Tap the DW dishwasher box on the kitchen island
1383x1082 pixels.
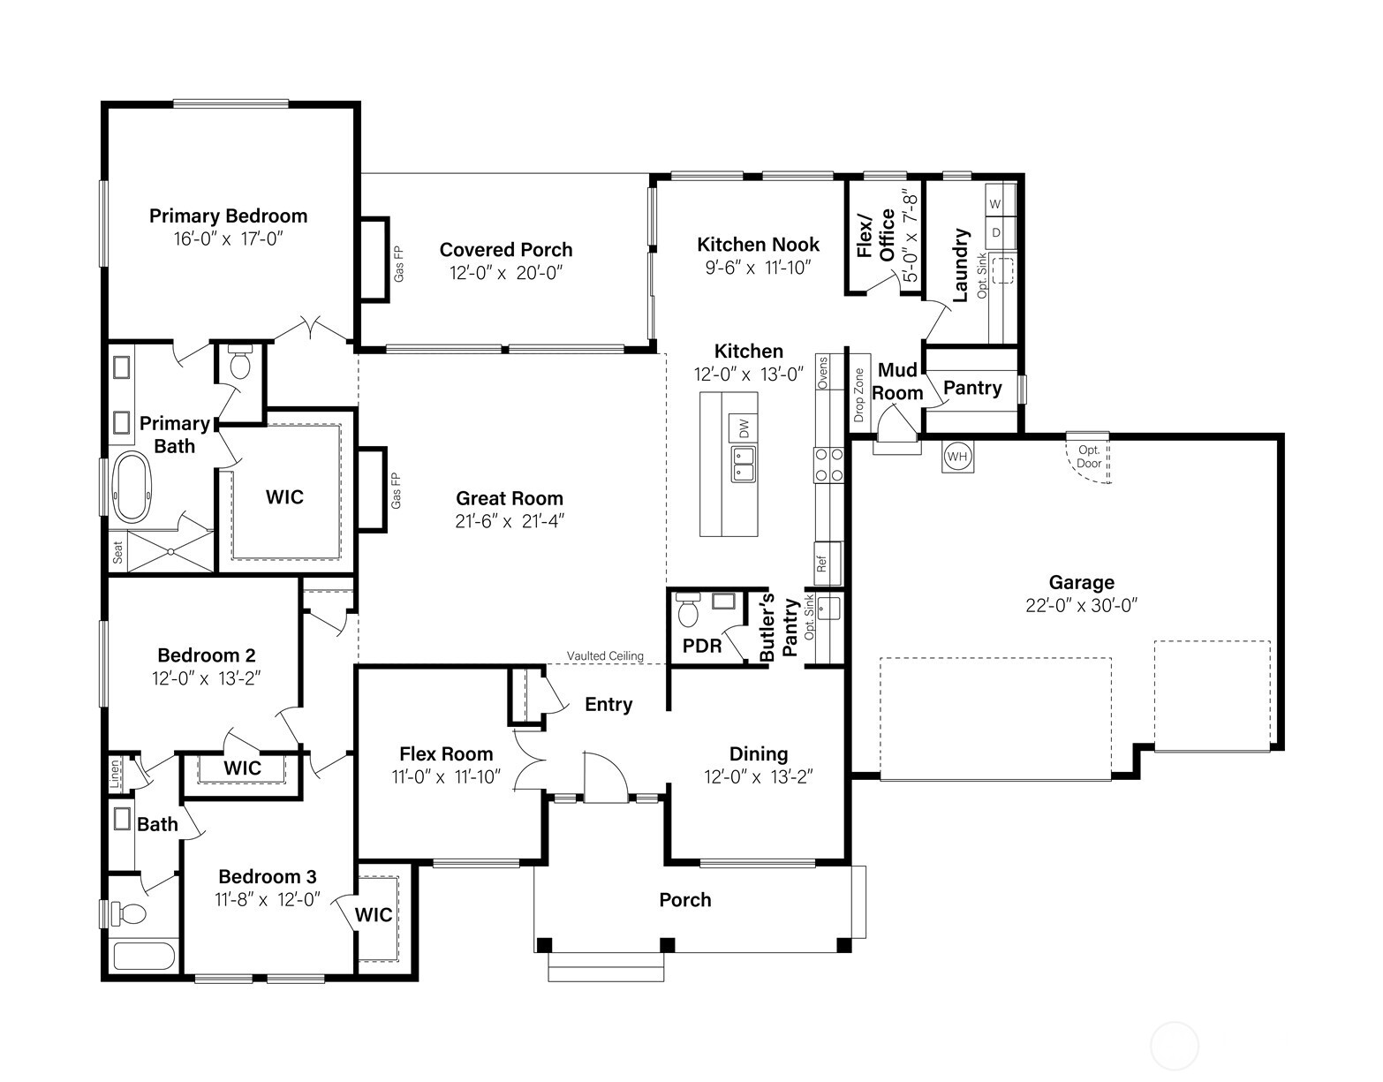click(x=743, y=428)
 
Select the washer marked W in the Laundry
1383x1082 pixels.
click(x=995, y=204)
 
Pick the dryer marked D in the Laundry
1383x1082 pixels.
click(x=995, y=233)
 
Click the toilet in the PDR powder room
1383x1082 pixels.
click(x=686, y=609)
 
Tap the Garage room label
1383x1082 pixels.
click(x=1081, y=582)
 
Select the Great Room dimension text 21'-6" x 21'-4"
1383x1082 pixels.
click(x=510, y=521)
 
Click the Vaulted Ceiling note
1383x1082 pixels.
click(x=605, y=656)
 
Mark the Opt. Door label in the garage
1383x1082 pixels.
click(x=1089, y=457)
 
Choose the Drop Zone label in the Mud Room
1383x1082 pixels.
click(x=859, y=395)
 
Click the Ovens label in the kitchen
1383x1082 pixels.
click(x=823, y=373)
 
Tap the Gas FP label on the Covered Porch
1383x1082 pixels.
click(x=398, y=264)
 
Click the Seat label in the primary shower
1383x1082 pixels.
click(x=117, y=553)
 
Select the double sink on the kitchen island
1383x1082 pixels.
click(x=743, y=464)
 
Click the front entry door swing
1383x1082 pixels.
click(x=606, y=777)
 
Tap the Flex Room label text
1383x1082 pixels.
click(x=446, y=753)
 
